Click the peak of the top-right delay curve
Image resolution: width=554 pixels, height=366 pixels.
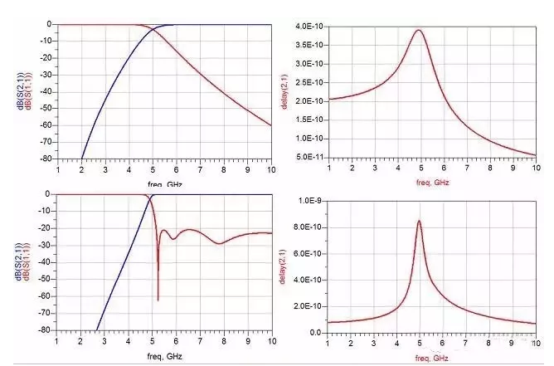pos(419,31)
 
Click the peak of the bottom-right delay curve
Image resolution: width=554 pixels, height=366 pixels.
pos(419,220)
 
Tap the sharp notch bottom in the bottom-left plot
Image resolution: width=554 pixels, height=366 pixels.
pos(158,300)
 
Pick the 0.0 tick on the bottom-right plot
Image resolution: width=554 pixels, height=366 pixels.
pos(316,332)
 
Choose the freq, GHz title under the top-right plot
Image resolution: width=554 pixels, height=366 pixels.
pos(431,180)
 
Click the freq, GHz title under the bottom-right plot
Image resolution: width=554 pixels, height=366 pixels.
pos(431,357)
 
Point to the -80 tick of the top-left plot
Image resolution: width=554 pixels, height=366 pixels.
pos(47,159)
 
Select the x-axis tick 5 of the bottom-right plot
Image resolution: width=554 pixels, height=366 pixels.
pos(419,343)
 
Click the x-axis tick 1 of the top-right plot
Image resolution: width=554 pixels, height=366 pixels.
pos(328,168)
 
